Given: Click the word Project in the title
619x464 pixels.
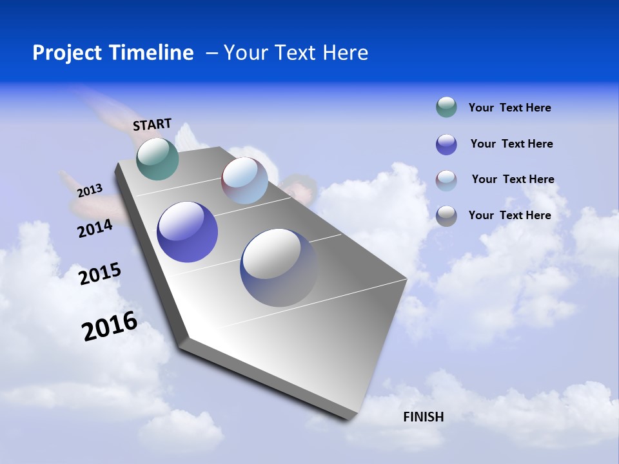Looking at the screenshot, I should pyautogui.click(x=66, y=53).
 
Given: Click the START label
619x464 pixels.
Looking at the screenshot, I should pyautogui.click(x=152, y=124).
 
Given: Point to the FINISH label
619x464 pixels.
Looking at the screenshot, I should pyautogui.click(x=423, y=417).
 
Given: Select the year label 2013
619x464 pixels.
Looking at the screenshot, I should pyautogui.click(x=90, y=191).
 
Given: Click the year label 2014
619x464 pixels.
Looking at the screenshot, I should pyautogui.click(x=95, y=229).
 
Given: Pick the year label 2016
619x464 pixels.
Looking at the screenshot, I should pyautogui.click(x=110, y=326).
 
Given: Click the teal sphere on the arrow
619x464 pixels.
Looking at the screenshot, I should pyautogui.click(x=157, y=159).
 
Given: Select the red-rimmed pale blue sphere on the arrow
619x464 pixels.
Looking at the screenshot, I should pyautogui.click(x=244, y=180).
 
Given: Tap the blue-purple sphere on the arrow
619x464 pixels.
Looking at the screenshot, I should pyautogui.click(x=187, y=232).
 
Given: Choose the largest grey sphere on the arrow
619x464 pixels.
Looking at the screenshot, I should pyautogui.click(x=279, y=267).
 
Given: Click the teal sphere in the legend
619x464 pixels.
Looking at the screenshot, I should pyautogui.click(x=446, y=107).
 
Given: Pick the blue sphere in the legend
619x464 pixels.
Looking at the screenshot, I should pyautogui.click(x=446, y=144).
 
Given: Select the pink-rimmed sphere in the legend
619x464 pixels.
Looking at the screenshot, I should pyautogui.click(x=446, y=180).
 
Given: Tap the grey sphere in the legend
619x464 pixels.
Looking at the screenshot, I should pyautogui.click(x=446, y=216).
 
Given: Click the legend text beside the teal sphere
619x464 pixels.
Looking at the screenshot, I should pyautogui.click(x=509, y=108).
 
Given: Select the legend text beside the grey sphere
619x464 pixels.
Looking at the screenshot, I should pyautogui.click(x=509, y=215).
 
